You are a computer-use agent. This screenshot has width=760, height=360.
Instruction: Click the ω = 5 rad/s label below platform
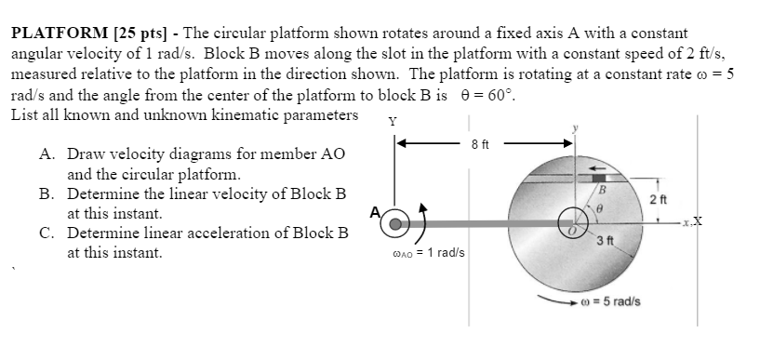608,301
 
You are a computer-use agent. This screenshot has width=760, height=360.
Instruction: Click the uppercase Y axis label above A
393,120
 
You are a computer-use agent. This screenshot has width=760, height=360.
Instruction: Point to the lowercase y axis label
578,127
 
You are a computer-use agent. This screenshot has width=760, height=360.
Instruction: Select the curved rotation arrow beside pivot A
422,223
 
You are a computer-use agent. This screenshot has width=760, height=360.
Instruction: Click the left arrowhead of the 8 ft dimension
401,143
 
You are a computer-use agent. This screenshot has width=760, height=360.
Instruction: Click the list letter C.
46,233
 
